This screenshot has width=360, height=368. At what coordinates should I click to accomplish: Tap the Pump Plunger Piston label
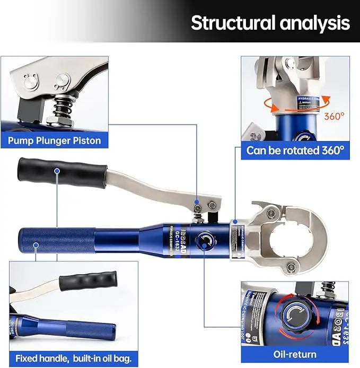point(55,141)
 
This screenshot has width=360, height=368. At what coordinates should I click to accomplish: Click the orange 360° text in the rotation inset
point(334,116)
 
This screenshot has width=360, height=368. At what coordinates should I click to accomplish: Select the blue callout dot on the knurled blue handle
point(36,246)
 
